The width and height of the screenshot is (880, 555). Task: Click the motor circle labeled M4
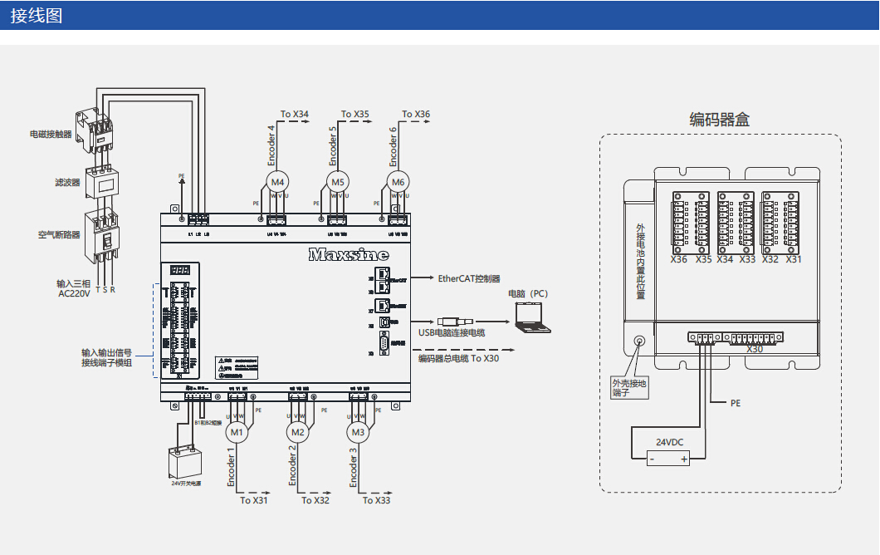pyautogui.click(x=277, y=182)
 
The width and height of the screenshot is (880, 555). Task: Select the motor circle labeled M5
pyautogui.click(x=337, y=182)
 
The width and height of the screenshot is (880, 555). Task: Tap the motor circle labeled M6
pyautogui.click(x=398, y=182)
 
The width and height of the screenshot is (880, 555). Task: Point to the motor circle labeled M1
pyautogui.click(x=237, y=432)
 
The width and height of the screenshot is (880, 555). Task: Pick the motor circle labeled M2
pyautogui.click(x=298, y=432)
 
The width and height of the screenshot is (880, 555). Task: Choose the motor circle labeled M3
pyautogui.click(x=359, y=432)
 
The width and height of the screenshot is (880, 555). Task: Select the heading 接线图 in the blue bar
pyautogui.click(x=37, y=16)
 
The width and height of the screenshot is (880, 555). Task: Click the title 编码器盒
pyautogui.click(x=720, y=120)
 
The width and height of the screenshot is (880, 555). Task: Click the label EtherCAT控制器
pyautogui.click(x=469, y=279)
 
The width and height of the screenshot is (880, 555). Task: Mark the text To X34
pyautogui.click(x=295, y=115)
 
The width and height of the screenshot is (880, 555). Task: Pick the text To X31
pyautogui.click(x=254, y=500)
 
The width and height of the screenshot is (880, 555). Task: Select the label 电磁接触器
pyautogui.click(x=51, y=133)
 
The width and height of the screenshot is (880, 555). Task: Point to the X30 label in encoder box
pyautogui.click(x=755, y=350)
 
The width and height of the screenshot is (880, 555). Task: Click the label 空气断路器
pyautogui.click(x=59, y=235)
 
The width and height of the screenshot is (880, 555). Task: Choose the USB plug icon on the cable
pyautogui.click(x=455, y=322)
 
